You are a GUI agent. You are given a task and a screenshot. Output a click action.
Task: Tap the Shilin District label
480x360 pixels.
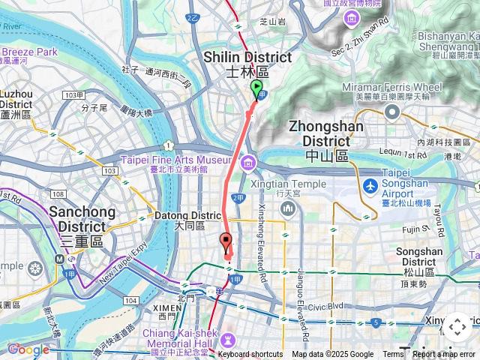coord(247,64)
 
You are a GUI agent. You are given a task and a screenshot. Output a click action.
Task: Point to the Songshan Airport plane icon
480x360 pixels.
coord(370,185)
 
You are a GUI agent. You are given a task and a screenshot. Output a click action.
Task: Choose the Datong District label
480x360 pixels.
coord(187,220)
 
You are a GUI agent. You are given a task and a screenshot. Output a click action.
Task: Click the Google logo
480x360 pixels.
coord(28,349)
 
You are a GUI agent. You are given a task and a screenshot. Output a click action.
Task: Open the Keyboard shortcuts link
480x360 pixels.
coord(250,355)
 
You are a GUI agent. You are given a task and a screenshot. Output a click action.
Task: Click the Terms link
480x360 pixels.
coord(393,355)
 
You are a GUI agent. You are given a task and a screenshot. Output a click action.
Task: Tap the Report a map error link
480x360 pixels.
coord(445,355)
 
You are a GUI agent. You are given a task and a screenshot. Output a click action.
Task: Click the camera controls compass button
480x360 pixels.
coord(457,328)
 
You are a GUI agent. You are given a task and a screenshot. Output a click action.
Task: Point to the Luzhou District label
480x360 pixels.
coord(16,104)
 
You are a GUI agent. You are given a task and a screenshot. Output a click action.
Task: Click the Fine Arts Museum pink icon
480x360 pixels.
coord(247,163)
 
